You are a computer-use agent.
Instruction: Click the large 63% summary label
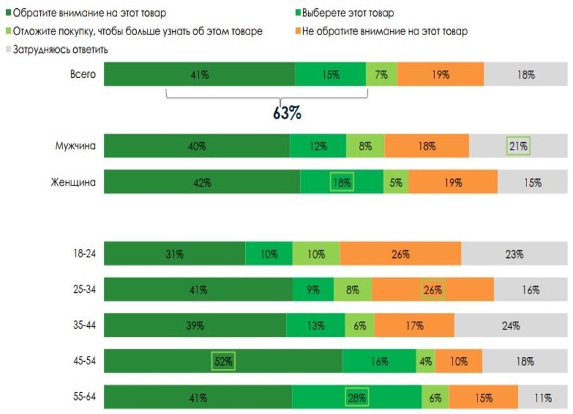286,113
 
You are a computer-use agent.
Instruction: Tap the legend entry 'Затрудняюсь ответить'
61,49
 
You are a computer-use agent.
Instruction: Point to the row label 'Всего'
83,74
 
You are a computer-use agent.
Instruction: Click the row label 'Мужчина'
76,146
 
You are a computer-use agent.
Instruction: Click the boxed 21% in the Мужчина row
518,146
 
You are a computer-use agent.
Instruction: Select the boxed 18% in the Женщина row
342,182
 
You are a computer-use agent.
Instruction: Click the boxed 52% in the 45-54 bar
223,362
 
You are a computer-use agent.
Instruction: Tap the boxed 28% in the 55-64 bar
357,398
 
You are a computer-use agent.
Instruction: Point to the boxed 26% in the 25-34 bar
433,290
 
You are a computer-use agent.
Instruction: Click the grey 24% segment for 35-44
510,325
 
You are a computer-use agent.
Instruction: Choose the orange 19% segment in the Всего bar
440,74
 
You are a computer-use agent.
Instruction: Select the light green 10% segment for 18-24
316,253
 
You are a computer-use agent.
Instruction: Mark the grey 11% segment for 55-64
542,398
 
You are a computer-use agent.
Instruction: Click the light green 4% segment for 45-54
425,362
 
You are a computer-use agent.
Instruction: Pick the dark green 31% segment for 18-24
174,253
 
